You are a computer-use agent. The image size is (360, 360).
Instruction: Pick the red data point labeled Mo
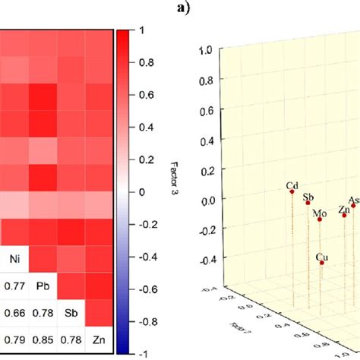[x=321, y=219]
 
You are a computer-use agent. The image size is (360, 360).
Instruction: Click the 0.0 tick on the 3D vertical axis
[x=203, y=200]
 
